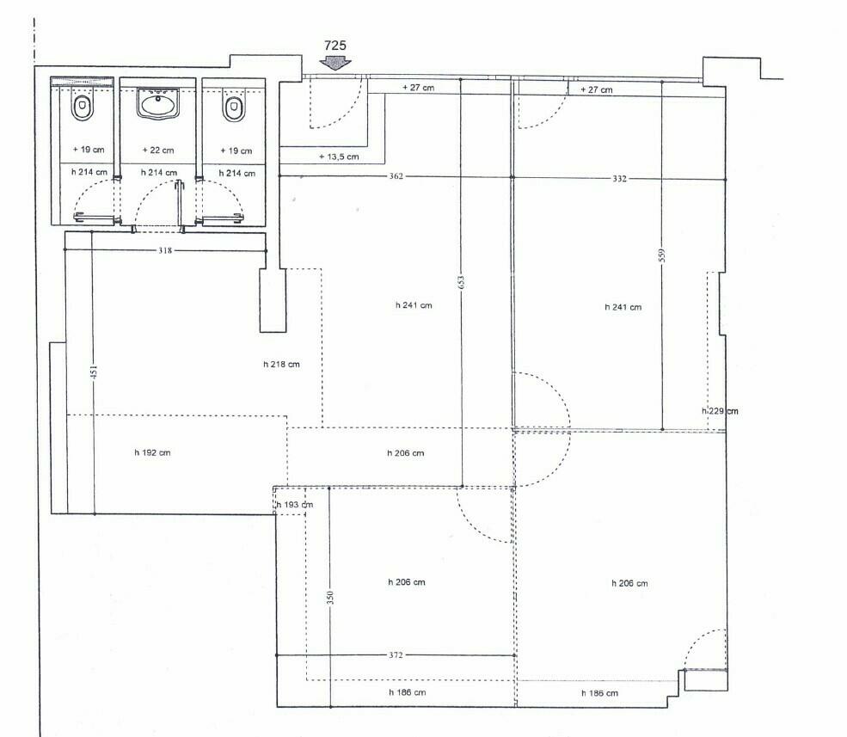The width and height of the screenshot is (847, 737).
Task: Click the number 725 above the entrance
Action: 335,46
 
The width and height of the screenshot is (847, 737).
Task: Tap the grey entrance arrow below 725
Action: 335,63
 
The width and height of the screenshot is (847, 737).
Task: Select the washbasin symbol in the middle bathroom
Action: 157,103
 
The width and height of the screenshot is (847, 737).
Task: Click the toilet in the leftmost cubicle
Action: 82,107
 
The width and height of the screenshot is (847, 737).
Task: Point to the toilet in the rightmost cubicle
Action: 234,108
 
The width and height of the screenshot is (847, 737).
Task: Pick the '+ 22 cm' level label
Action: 158,150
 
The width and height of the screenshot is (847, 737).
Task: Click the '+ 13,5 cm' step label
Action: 339,157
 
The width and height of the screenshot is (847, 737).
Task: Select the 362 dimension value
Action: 396,176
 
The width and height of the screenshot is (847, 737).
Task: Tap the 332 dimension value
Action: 619,179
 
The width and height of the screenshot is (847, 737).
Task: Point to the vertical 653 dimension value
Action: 461,283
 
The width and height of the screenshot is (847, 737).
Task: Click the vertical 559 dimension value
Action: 662,255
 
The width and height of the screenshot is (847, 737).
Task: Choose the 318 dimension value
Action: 165,250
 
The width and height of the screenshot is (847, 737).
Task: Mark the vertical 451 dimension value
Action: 94,372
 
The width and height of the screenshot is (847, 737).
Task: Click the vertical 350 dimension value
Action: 330,597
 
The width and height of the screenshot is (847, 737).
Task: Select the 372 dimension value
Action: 396,654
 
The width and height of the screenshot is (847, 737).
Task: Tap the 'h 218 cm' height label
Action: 281,364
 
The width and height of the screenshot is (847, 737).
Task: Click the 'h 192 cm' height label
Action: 152,452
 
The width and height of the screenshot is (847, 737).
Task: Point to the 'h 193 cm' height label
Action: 295,505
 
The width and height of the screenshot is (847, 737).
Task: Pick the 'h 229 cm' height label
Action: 720,411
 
